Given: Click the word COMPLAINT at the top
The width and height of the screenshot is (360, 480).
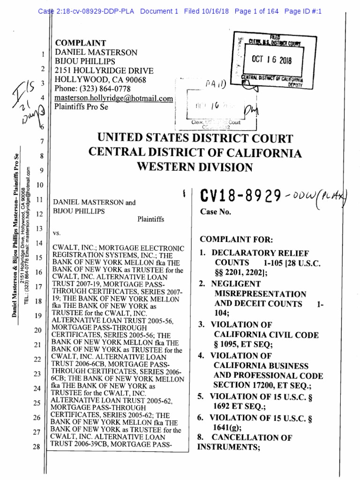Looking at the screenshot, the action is tap(81, 43).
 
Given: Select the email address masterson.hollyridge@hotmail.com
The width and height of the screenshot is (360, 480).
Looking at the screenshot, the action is tap(113, 98).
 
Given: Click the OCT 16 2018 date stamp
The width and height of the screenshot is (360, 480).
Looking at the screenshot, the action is tap(271, 60).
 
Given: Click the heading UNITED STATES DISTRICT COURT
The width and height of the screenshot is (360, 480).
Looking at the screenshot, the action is tap(195, 139).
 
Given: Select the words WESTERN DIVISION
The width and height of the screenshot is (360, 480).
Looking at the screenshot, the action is tap(195, 167).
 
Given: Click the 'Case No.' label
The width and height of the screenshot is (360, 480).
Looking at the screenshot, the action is tap(216, 212).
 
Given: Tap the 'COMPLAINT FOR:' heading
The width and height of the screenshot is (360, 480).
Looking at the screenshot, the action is tap(233, 239).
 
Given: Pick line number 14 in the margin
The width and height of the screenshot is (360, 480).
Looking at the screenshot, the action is tap(39, 243).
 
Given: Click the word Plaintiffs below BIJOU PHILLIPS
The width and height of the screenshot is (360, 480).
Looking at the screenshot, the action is tap(150, 219).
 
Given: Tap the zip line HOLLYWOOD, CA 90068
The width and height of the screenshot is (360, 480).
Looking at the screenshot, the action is tap(101, 80).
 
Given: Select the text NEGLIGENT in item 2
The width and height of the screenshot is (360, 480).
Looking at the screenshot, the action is tap(236, 284).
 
